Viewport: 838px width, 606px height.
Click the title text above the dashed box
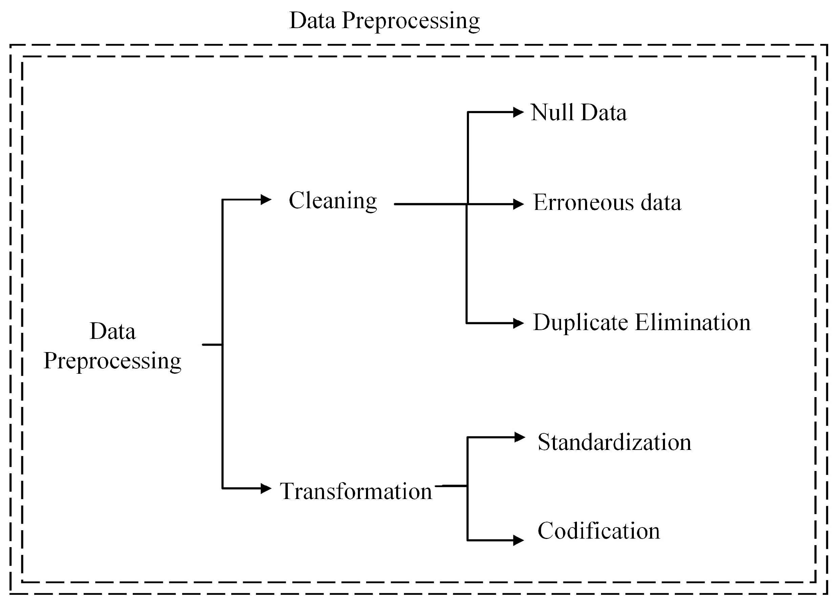tap(384, 21)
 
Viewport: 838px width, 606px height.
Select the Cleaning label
tap(332, 201)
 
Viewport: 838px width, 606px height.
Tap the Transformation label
tap(356, 492)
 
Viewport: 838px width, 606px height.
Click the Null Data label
tap(579, 112)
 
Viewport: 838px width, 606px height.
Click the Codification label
tap(599, 531)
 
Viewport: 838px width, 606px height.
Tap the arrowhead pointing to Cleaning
tap(266, 199)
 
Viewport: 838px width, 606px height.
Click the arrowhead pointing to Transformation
tap(266, 489)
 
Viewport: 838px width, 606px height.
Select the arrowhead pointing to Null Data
tap(519, 112)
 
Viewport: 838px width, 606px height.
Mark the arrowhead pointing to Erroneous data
tap(519, 204)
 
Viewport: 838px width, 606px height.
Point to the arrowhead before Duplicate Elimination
tap(519, 323)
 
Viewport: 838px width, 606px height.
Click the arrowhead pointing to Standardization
tap(520, 437)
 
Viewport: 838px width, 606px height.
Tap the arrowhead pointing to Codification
tap(519, 540)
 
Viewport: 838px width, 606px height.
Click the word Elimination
tap(693, 322)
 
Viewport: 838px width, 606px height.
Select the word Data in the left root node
tap(113, 331)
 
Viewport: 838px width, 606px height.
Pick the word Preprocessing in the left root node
tap(112, 361)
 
